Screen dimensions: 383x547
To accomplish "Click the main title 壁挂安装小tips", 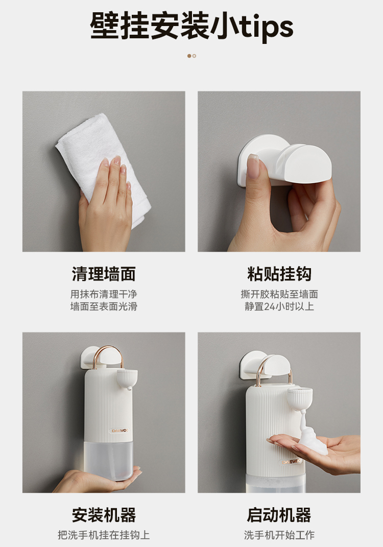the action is tap(192, 27).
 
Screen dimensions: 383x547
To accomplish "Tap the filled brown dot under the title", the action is tap(189, 56).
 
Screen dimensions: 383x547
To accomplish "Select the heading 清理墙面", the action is tap(104, 274).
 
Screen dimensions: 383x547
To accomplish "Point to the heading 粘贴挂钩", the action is tap(279, 274).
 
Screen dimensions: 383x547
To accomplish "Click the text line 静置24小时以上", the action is tap(279, 306).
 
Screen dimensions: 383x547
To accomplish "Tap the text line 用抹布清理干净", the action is tap(104, 294).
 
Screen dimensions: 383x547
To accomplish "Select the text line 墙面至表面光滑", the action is tap(104, 306).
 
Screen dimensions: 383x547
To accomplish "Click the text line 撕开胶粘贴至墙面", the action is tap(279, 294).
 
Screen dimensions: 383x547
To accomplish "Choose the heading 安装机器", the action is tap(104, 515).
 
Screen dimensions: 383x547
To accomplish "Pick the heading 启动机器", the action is tap(279, 515).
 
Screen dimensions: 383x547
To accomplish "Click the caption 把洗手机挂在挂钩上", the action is tap(104, 535).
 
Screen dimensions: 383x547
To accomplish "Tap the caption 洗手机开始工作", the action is tap(279, 535).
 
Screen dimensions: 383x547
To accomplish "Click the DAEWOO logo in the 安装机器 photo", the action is tap(119, 431).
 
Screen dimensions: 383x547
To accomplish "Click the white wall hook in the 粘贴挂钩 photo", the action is tap(284, 159).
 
